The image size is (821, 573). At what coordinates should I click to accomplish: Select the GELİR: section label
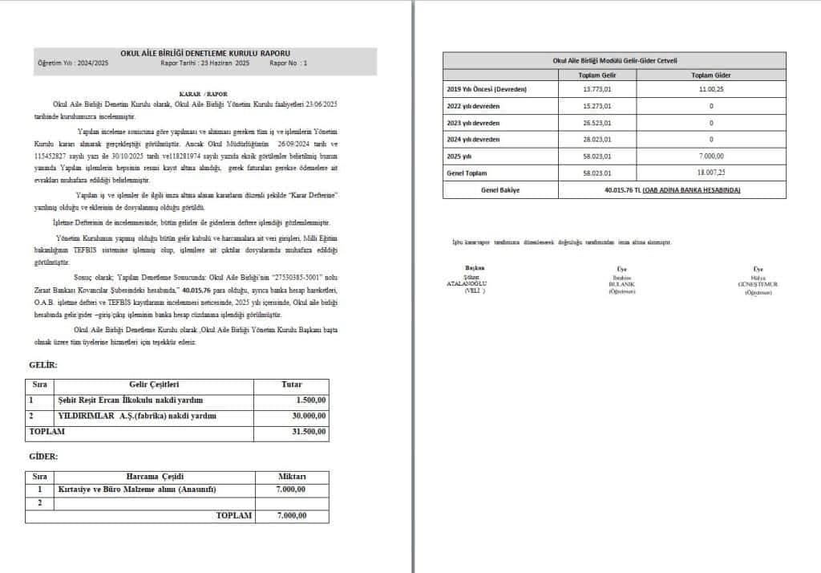42,364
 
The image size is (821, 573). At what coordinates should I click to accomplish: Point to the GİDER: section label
43,456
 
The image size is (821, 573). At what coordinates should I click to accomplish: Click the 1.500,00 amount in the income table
310,400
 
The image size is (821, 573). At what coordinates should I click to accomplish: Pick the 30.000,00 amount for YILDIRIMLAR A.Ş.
308,416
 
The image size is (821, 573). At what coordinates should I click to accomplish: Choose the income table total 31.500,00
308,431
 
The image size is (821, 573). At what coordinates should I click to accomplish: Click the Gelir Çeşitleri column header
153,384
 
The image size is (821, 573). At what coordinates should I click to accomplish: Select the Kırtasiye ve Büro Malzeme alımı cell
137,490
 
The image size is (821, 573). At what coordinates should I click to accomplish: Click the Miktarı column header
292,476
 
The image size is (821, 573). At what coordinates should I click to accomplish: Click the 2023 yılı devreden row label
472,123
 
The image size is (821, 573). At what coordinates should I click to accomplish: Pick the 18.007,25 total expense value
711,173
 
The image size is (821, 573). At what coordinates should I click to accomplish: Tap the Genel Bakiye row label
499,190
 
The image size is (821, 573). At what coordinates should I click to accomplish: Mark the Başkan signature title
474,267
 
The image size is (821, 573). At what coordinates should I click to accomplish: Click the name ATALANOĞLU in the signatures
472,284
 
